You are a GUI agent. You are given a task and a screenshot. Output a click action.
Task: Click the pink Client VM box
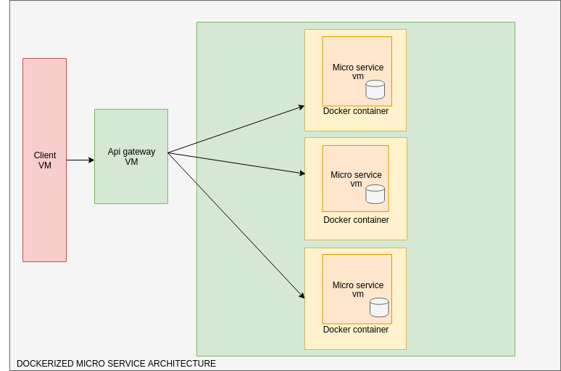(x=44, y=211)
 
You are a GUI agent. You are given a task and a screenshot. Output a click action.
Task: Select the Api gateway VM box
(x=131, y=182)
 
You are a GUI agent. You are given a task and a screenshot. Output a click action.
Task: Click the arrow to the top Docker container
(x=236, y=129)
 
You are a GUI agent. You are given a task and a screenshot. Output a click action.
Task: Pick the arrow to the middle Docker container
(x=236, y=163)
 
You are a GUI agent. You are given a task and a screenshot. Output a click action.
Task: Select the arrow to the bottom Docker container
(x=236, y=225)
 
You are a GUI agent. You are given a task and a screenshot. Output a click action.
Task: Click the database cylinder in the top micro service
(x=375, y=89)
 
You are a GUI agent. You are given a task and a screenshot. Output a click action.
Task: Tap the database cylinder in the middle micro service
(x=375, y=194)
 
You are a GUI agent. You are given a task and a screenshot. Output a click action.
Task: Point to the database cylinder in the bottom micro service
(x=379, y=307)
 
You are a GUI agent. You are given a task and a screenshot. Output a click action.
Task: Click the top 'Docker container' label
(x=356, y=111)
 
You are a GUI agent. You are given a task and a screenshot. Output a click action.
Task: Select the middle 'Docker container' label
(x=356, y=220)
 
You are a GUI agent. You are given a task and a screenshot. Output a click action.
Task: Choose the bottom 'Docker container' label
(x=356, y=330)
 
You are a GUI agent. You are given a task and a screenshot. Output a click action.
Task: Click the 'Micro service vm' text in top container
(x=358, y=72)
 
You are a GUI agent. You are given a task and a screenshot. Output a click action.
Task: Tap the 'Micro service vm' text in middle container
(x=356, y=179)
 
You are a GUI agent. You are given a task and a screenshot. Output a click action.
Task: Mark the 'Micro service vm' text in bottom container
(x=358, y=290)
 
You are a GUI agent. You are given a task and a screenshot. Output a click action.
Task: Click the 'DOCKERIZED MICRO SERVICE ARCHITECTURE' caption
(x=116, y=364)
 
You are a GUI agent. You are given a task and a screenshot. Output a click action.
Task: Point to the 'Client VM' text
(x=45, y=160)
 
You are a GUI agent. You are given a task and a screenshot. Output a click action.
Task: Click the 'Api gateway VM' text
(x=131, y=157)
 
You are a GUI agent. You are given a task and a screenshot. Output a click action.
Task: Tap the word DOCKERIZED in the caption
(x=45, y=364)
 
